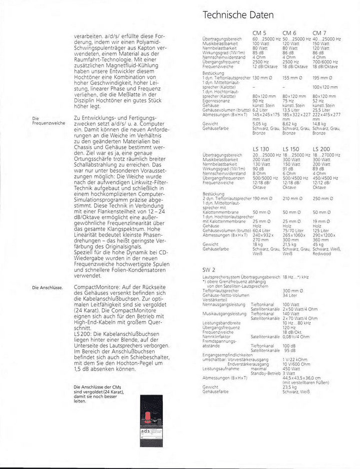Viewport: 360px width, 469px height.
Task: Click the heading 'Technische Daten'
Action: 238,15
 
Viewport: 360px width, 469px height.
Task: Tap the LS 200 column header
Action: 321,149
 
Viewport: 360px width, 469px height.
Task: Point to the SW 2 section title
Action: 208,269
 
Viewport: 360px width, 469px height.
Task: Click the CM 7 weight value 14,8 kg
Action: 320,124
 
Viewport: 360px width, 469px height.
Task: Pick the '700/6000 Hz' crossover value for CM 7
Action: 327,61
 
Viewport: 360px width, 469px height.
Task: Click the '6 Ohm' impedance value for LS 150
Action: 289,173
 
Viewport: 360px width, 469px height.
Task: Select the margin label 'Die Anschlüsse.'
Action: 46,288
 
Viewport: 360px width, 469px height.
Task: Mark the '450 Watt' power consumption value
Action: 291,369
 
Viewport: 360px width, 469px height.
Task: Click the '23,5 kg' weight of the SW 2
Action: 290,386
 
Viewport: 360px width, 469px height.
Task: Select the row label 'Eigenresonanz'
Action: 215,100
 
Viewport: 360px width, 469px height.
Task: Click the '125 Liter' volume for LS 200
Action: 321,230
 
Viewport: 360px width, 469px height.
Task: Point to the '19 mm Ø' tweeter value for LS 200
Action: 322,221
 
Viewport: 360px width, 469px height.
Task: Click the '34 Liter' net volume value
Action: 290,295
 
